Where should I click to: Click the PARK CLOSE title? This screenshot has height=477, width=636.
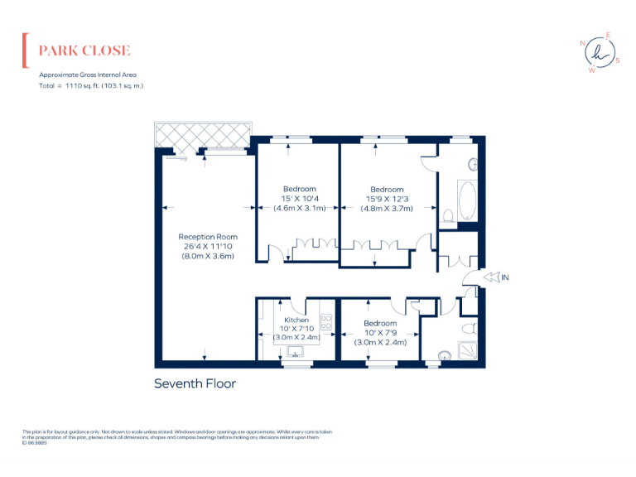point(84,51)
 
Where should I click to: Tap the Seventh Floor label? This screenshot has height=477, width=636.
point(195,383)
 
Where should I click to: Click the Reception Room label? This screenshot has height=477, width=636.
point(208,237)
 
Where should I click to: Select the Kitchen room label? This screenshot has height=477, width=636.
point(296,320)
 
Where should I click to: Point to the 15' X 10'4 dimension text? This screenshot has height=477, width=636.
point(299,199)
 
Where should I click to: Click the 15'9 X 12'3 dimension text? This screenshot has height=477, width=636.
point(387,199)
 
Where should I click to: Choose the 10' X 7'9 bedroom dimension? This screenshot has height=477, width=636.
point(380,333)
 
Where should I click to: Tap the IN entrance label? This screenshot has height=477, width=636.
point(504,277)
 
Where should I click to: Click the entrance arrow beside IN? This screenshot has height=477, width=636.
point(489,277)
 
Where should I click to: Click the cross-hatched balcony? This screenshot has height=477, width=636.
point(202,134)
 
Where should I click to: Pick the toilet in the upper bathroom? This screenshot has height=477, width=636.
point(448,216)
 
